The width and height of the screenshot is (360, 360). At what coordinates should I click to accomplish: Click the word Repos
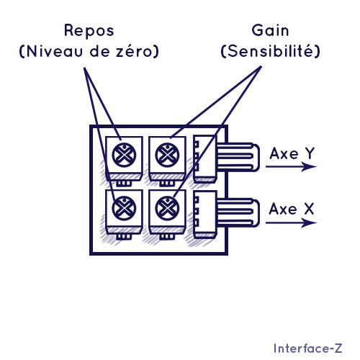click(89, 31)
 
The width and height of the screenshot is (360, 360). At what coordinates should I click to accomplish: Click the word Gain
click(270, 30)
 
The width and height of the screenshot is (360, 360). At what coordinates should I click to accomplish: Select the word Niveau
click(55, 51)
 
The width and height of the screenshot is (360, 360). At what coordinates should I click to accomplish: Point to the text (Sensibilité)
click(270, 51)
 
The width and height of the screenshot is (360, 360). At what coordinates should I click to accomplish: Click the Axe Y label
click(292, 153)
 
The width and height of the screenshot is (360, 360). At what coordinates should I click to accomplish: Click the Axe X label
click(292, 209)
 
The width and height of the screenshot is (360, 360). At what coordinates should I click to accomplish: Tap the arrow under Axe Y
click(291, 166)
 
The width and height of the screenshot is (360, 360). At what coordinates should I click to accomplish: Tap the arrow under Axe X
click(291, 222)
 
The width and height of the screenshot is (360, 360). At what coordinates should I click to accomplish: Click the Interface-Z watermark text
click(308, 348)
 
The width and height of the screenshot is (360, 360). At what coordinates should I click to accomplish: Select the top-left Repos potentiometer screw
click(124, 155)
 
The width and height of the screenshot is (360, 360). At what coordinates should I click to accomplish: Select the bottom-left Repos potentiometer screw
click(124, 208)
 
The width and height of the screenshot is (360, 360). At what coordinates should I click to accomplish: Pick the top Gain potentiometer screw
click(167, 155)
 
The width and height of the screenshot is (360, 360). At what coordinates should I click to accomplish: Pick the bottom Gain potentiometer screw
click(167, 208)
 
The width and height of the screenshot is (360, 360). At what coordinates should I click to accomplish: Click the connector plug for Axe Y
click(238, 157)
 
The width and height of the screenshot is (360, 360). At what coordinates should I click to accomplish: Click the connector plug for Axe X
click(238, 212)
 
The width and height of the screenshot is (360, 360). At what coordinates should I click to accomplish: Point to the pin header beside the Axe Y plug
click(205, 158)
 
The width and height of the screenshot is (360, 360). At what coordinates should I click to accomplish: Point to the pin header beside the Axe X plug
click(205, 215)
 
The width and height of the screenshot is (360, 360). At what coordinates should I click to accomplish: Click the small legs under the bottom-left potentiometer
click(124, 237)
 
